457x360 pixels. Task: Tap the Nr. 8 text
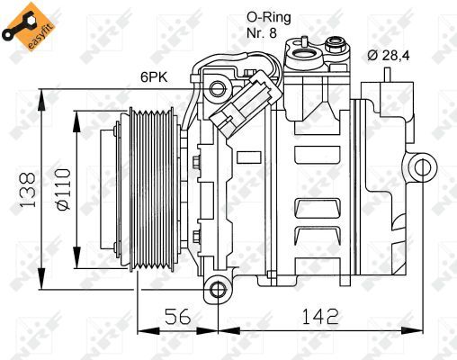pos(265,33)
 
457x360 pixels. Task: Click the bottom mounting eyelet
pos(215,288)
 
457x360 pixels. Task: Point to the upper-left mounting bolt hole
pos(216,87)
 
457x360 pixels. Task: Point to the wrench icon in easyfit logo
pos(18,20)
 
